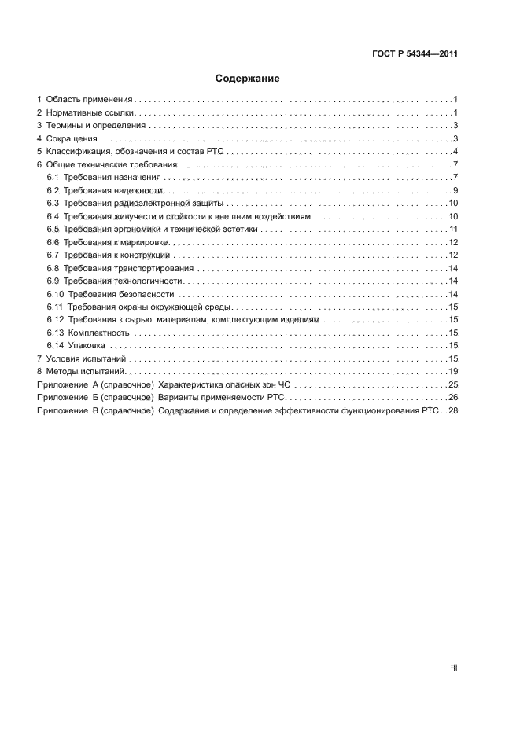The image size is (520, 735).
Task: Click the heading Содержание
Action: pos(248,79)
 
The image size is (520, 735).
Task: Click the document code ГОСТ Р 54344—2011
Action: pos(415,54)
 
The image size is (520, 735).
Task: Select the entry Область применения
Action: pos(89,100)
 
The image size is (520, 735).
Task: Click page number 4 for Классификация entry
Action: pos(455,152)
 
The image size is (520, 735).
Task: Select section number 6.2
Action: pos(53,190)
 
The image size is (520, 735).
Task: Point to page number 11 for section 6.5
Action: pos(453,229)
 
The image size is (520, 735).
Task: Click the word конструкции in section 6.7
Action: pos(146,255)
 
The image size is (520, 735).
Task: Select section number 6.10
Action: pos(55,293)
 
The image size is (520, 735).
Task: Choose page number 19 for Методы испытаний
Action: pos(453,371)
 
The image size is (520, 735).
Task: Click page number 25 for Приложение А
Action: pos(453,384)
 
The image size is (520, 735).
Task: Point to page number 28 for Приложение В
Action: pos(453,410)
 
